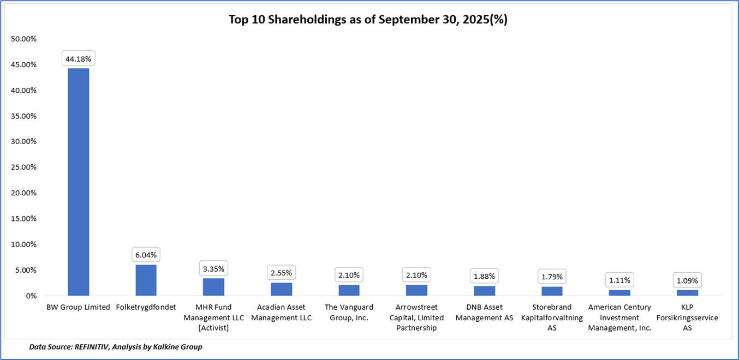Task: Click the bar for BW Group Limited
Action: [78, 182]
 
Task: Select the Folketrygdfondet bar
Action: [146, 280]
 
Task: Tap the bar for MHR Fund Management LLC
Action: [213, 287]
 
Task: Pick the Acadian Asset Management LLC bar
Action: [282, 289]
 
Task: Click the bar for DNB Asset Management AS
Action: [484, 291]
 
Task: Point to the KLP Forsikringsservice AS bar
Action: [687, 293]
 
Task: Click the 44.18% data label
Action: [78, 59]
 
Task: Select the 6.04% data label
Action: [146, 255]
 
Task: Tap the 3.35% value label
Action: [213, 269]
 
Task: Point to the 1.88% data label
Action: [484, 276]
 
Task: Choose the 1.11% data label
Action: [619, 280]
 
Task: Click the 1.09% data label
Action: [687, 280]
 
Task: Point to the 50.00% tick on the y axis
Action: [24, 39]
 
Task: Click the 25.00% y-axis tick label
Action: [24, 167]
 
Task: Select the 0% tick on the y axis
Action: [31, 296]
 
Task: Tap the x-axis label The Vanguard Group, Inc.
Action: [349, 312]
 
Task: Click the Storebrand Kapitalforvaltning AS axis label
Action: [552, 317]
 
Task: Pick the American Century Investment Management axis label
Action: [619, 317]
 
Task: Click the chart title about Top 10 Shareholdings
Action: [368, 20]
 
